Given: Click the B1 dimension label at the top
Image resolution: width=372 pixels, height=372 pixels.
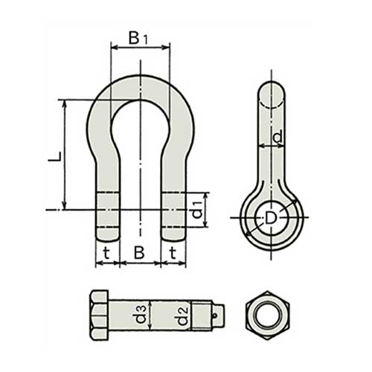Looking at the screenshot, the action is (x=138, y=38).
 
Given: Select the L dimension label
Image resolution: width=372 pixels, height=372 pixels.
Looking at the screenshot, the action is (x=54, y=156).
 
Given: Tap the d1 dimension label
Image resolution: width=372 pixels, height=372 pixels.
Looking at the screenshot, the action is (x=198, y=210).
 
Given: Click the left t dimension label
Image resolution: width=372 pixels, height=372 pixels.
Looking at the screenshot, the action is (x=106, y=253).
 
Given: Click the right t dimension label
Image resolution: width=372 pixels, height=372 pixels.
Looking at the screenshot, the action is (x=173, y=253).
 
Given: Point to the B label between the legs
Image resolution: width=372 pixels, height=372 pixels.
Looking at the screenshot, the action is (x=139, y=253).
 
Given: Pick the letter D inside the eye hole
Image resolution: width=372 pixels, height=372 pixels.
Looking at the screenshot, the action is (x=270, y=219).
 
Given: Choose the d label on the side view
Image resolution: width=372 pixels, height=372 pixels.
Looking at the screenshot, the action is (x=278, y=137).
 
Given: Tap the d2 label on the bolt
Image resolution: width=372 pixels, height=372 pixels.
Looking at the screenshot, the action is (x=182, y=316).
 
